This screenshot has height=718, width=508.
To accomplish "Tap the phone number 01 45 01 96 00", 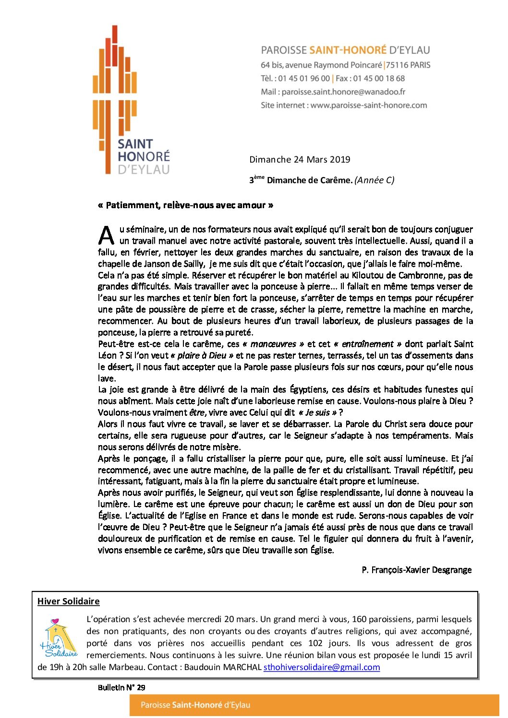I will pos(304,78).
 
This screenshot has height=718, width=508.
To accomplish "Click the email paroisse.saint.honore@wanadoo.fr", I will pos(343,92).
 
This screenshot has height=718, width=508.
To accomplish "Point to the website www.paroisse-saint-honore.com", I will pos(368,105).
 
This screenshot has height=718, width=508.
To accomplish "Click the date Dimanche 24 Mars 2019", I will pos(300,159).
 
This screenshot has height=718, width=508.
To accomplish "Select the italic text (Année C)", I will pos(375,180).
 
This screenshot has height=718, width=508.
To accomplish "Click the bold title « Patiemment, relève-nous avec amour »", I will pos(185,205).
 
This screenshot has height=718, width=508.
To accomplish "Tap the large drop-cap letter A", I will pos(106,235).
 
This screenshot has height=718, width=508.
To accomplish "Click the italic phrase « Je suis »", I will pos(317,412).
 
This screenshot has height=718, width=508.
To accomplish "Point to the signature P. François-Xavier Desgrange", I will pos(416,570).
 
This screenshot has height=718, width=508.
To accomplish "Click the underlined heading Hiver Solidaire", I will pos(68,601).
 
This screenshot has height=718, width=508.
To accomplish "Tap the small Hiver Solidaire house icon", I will pos(59,638).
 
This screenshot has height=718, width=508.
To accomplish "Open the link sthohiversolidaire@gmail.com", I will pos(322,667).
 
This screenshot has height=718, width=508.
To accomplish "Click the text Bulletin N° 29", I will pos(121,687).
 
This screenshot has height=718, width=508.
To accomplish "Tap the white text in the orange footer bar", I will pos(195,705).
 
